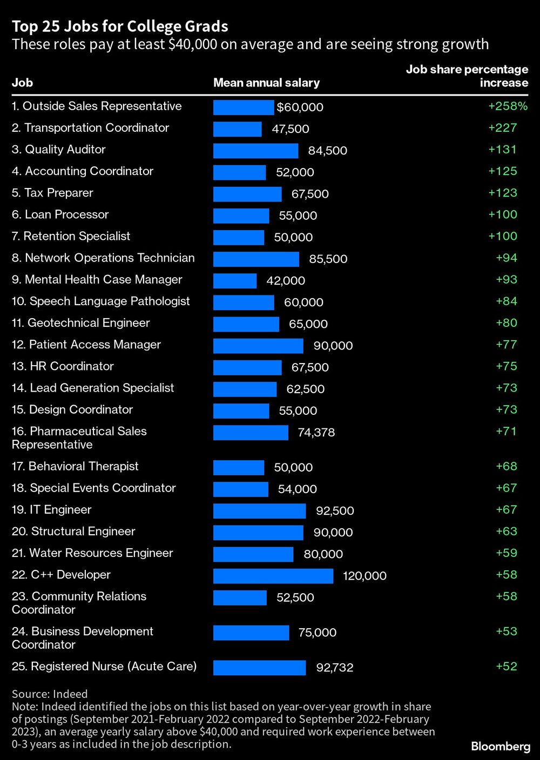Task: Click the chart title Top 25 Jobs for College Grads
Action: click(120, 26)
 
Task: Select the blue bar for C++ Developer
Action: click(273, 576)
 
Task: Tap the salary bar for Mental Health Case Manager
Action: click(235, 281)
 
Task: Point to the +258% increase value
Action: click(508, 106)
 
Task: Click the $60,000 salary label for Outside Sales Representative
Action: click(300, 107)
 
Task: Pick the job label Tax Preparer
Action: click(52, 193)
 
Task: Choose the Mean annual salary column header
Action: click(266, 83)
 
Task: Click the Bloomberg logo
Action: click(501, 746)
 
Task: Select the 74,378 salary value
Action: click(316, 433)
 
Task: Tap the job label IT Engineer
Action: click(52, 510)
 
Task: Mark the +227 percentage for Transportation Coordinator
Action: click(503, 128)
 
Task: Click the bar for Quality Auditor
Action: click(255, 151)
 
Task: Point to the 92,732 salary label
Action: click(335, 668)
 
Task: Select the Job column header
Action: click(22, 83)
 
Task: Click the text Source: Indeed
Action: click(50, 694)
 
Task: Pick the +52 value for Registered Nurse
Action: click(507, 667)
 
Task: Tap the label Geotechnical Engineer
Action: click(81, 323)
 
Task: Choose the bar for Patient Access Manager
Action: click(258, 346)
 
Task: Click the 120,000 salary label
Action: click(364, 576)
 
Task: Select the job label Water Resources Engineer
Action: click(92, 553)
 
